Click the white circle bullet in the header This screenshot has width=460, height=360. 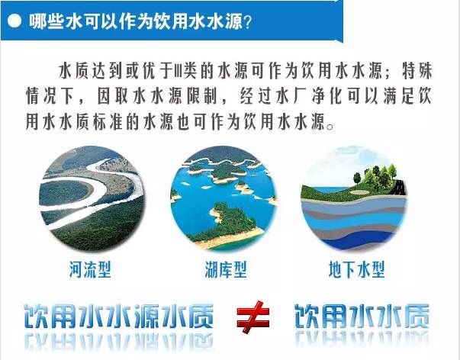coord(14,21)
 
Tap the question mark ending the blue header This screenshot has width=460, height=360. coord(248,21)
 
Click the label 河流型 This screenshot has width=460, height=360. coord(90,269)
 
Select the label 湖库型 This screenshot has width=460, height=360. coord(226,269)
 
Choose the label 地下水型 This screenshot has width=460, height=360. coord(356,269)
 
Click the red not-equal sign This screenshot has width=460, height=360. coord(253,317)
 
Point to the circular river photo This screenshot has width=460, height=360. coord(92,198)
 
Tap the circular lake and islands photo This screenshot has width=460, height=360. coord(224,198)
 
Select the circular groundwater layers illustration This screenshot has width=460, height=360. coord(354,198)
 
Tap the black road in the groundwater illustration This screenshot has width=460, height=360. coord(400,187)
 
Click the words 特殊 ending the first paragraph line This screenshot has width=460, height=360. coord(417,71)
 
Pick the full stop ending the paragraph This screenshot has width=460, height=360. coord(330,127)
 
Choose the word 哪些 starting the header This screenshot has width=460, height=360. coord(47,21)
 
